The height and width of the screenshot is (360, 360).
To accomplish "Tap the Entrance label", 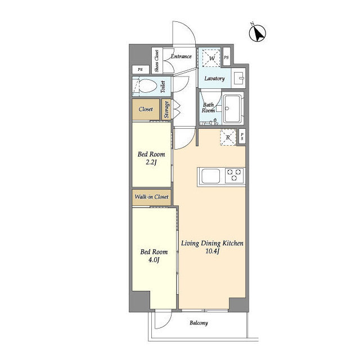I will click(x=181, y=56).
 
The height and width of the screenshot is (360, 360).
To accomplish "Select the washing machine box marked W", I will click(x=211, y=57).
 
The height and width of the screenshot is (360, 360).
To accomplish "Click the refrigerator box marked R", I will click(x=228, y=137).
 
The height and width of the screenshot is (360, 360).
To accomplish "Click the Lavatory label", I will click(x=214, y=79).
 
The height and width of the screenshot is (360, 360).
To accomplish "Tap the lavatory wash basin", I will click(x=238, y=77).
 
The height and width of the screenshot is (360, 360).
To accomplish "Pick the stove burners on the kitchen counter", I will click(x=233, y=175).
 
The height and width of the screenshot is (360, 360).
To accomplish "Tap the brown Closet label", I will click(x=146, y=109).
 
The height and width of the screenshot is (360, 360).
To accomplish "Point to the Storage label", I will click(x=167, y=109).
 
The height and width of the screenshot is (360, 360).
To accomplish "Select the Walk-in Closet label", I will click(x=151, y=197).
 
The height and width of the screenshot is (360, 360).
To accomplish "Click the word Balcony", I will click(x=198, y=323).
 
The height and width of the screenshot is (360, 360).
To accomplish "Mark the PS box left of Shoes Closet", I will click(x=140, y=69).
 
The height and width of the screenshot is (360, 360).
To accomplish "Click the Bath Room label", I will click(x=209, y=107).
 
